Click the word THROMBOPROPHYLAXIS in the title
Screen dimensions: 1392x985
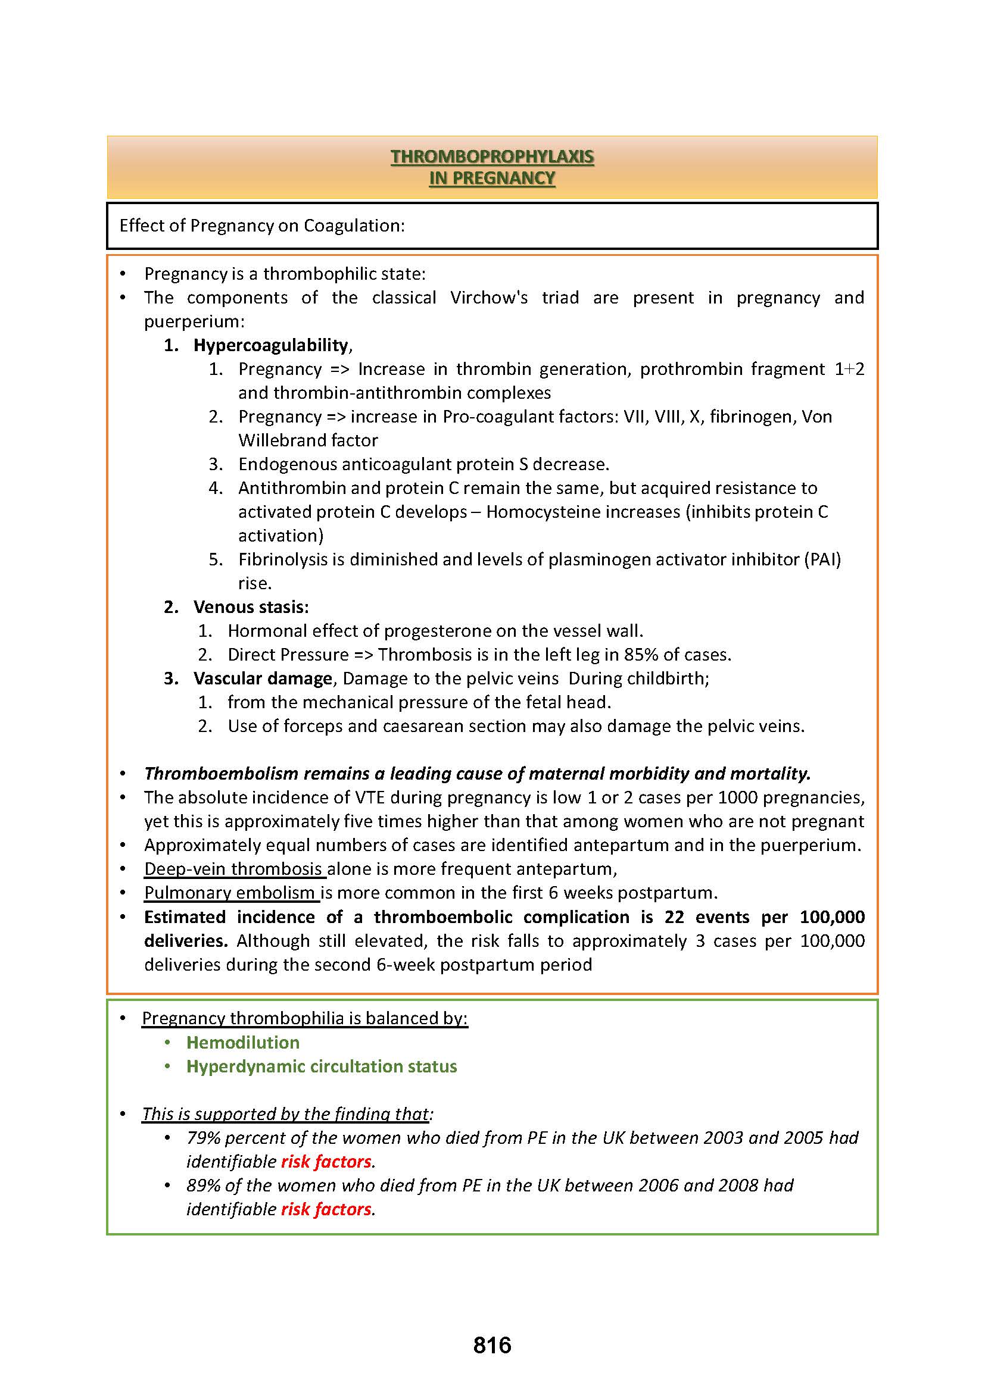tap(492, 157)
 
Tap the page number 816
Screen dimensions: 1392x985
tap(492, 1346)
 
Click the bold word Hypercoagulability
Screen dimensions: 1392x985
tap(270, 345)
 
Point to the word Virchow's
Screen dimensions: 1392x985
tap(488, 298)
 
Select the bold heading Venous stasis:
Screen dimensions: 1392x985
tap(251, 607)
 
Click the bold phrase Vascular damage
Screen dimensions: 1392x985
tap(263, 678)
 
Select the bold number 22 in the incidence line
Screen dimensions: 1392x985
tap(674, 916)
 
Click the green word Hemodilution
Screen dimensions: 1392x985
tap(242, 1042)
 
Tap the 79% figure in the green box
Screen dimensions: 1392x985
tap(202, 1138)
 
